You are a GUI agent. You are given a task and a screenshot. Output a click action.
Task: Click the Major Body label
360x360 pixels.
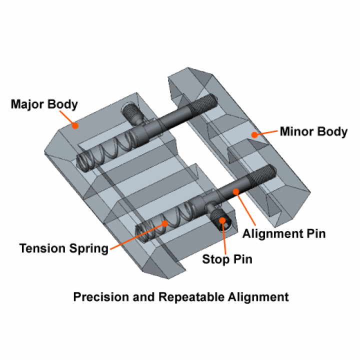(x=44, y=104)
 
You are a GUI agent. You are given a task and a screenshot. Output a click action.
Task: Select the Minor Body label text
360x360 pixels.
(x=313, y=132)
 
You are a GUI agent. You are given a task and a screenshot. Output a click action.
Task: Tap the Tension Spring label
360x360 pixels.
(x=64, y=248)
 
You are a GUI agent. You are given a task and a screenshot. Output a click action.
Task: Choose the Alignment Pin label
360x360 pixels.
(x=284, y=233)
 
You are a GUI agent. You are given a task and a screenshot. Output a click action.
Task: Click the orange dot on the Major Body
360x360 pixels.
(x=74, y=125)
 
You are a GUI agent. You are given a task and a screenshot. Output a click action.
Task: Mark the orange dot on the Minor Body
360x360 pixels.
(x=255, y=134)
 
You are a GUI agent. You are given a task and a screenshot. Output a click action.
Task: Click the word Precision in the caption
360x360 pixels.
(x=97, y=297)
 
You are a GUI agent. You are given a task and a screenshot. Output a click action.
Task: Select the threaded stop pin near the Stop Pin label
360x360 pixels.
(x=220, y=218)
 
